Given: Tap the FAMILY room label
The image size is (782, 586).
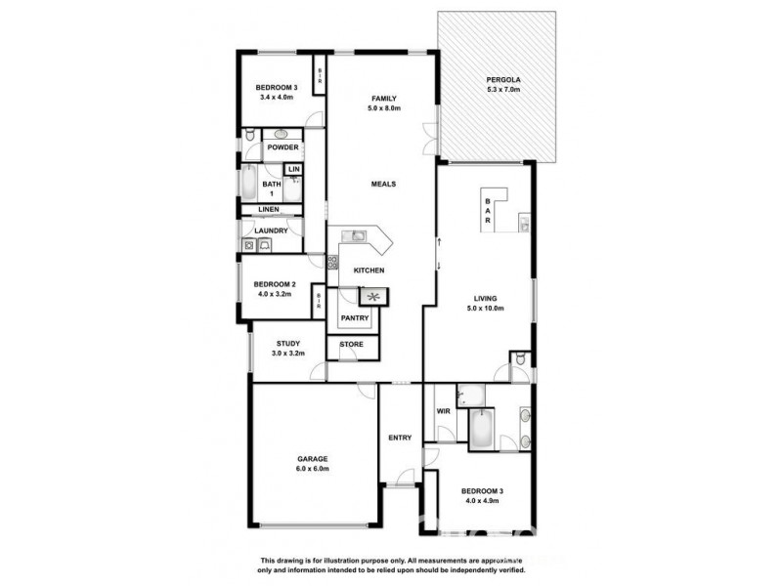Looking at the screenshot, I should pyautogui.click(x=382, y=98).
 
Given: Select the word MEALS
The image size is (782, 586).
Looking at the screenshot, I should pyautogui.click(x=382, y=184).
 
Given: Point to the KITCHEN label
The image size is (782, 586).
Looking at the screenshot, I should pyautogui.click(x=368, y=271).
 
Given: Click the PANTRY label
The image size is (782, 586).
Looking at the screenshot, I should pyautogui.click(x=354, y=318).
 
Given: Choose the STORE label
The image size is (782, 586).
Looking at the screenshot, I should pyautogui.click(x=352, y=345).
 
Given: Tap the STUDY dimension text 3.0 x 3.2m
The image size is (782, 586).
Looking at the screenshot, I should pyautogui.click(x=287, y=354).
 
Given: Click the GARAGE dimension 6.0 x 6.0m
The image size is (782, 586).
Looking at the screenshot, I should pyautogui.click(x=313, y=469).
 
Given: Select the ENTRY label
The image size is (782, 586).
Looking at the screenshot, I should pyautogui.click(x=399, y=437).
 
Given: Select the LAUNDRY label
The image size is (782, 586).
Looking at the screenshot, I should pyautogui.click(x=271, y=231).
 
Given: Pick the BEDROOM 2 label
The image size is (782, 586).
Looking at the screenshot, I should pyautogui.click(x=268, y=284).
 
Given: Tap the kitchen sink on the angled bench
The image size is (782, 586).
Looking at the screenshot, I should pyautogui.click(x=357, y=235).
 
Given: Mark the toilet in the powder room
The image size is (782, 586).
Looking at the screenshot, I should pyautogui.click(x=250, y=136).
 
